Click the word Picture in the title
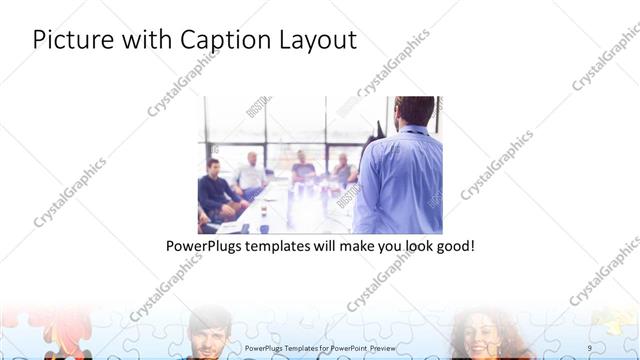tap(67, 40)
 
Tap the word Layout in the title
tap(319, 40)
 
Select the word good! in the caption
tap(453, 245)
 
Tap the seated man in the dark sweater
tap(215, 190)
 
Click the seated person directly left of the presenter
tap(344, 172)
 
